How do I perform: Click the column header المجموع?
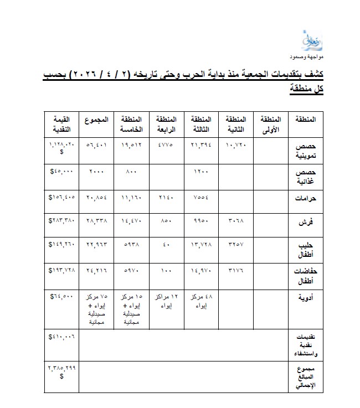pos(96,120)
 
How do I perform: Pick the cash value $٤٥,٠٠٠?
pos(61,172)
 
